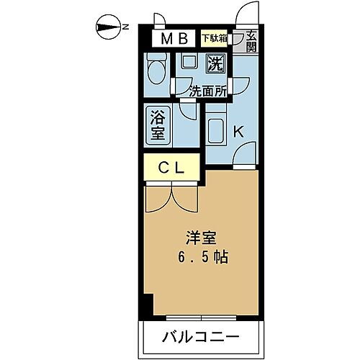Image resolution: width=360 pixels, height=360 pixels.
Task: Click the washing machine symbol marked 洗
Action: (215, 64)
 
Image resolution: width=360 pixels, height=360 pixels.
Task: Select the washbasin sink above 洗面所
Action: (188, 63)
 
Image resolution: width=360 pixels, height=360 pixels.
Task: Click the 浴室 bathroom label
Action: (158, 124)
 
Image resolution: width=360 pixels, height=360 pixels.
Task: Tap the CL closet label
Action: (173, 168)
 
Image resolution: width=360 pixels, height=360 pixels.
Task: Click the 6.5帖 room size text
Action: (203, 257)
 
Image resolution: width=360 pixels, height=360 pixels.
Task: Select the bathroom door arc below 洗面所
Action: (189, 109)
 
